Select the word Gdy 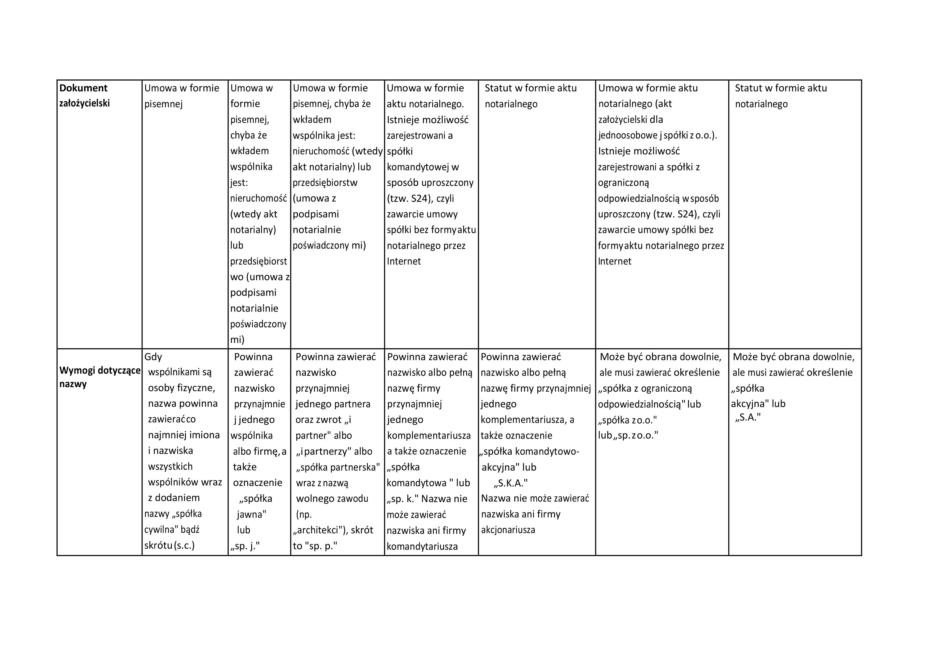[153, 357]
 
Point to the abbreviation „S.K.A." [510, 483]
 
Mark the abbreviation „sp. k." [403, 499]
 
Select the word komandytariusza [422, 547]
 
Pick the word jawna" [251, 515]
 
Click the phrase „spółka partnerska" [338, 467]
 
